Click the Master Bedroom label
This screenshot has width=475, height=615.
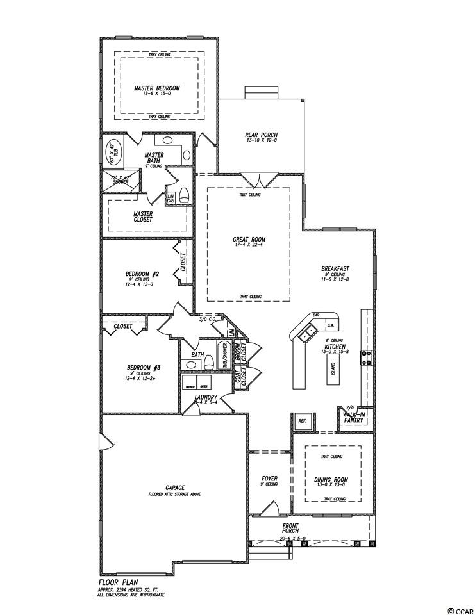pyautogui.click(x=156, y=88)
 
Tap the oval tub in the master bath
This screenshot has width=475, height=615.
pyautogui.click(x=109, y=152)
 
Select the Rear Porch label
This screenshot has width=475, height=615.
pyautogui.click(x=261, y=135)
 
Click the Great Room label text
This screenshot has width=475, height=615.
pyautogui.click(x=248, y=240)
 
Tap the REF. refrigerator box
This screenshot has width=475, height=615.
pyautogui.click(x=303, y=422)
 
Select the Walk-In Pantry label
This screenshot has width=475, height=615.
pyautogui.click(x=354, y=418)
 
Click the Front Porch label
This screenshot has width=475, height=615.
pyautogui.click(x=291, y=527)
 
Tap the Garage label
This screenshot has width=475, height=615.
pyautogui.click(x=174, y=488)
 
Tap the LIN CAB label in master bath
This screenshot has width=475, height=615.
pyautogui.click(x=171, y=198)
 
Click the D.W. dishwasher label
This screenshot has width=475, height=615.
pyautogui.click(x=330, y=323)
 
